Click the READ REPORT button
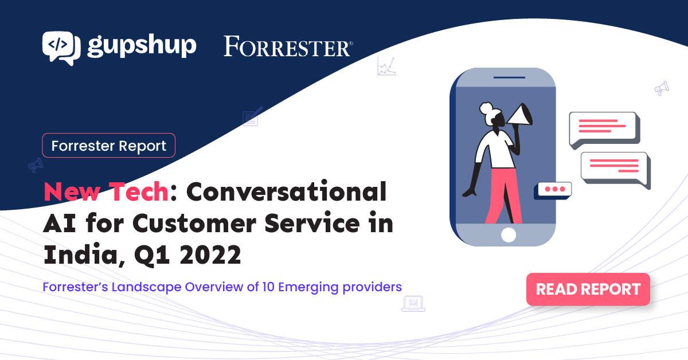(588, 289)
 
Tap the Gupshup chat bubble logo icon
(61, 48)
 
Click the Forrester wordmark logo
(288, 46)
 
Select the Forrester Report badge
(109, 145)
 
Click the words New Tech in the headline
(106, 191)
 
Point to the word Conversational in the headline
(286, 191)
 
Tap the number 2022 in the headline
(210, 255)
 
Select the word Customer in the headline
(194, 224)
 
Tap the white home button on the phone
(509, 235)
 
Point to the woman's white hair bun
(486, 108)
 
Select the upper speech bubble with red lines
(603, 129)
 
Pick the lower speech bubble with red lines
(615, 169)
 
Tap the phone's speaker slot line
(509, 77)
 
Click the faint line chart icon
(386, 66)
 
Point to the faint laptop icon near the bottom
(413, 304)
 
